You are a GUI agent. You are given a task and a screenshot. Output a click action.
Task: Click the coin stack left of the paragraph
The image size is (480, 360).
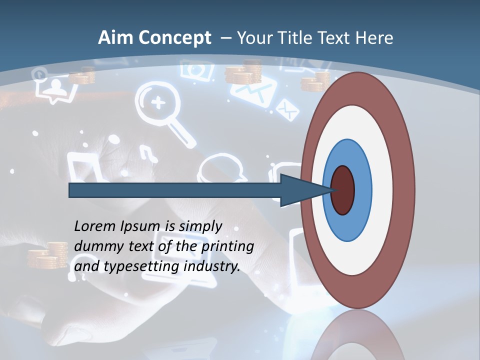[x=47, y=255]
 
